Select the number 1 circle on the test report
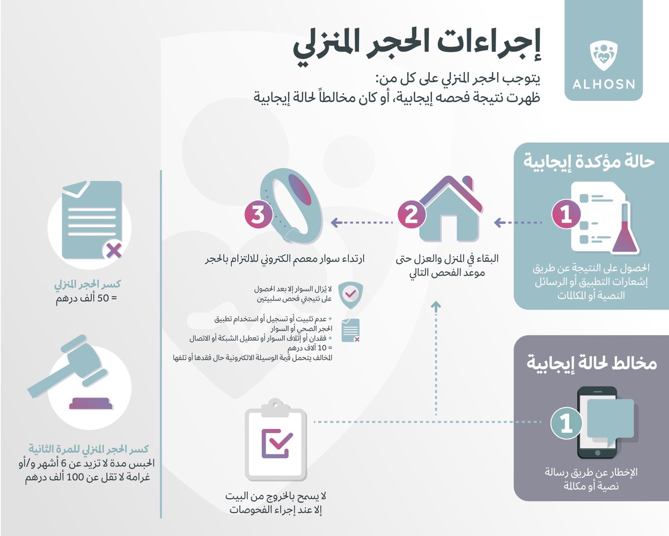point(566,214)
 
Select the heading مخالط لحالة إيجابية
point(592,363)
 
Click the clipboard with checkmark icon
point(276,438)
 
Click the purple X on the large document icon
point(114,250)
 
